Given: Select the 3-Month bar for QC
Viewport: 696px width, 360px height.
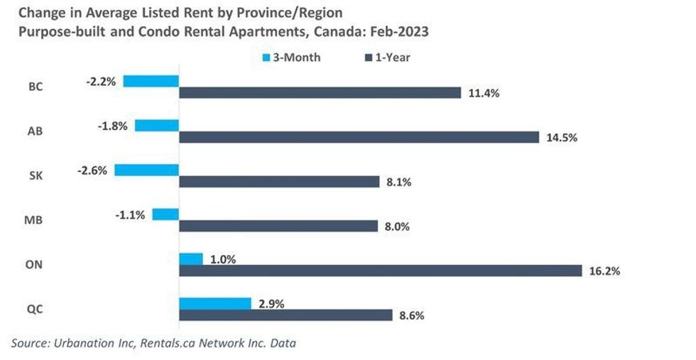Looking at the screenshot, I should click(214, 303).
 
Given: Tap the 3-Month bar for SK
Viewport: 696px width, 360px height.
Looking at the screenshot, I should click(146, 170).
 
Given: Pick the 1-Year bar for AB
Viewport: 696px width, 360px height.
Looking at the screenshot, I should click(359, 137).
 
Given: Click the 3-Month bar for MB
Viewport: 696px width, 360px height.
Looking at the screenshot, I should click(165, 214).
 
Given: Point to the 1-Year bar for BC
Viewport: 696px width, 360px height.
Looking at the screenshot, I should click(320, 93).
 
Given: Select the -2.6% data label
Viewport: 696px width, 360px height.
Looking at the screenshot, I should click(93, 170).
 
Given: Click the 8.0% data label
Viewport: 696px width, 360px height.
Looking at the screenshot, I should click(397, 227).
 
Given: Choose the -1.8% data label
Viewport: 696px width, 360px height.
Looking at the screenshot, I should click(112, 126).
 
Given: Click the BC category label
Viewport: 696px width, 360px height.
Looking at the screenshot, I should click(35, 87).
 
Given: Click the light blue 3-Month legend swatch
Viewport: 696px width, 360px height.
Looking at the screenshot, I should click(267, 58).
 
